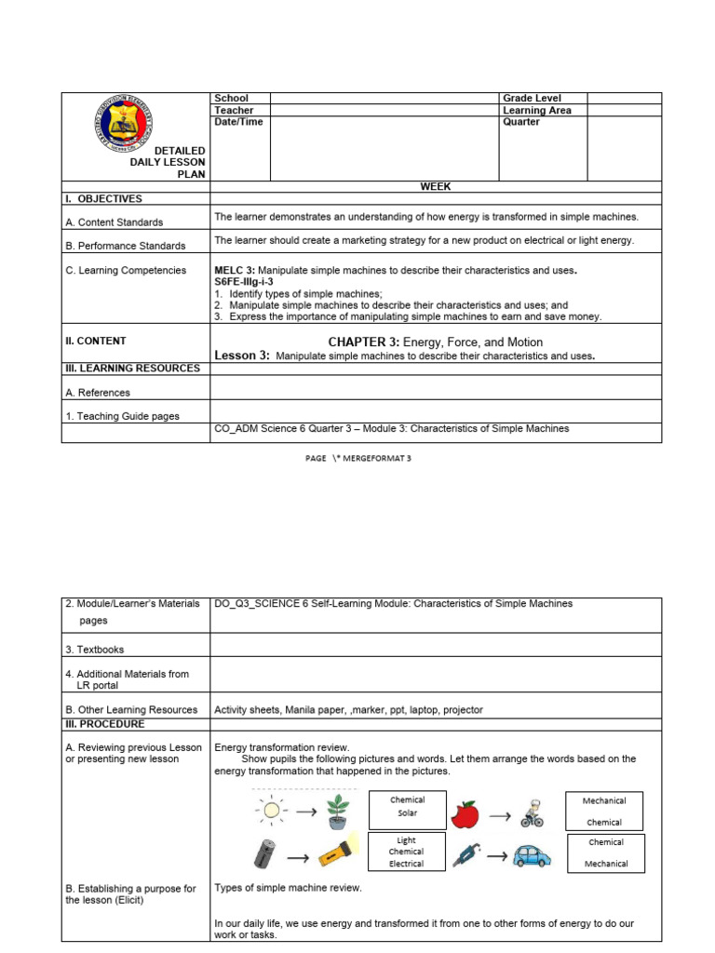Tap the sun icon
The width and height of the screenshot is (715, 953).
point(271,810)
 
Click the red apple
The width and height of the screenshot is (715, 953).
point(465,815)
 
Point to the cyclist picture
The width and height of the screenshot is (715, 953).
point(531,812)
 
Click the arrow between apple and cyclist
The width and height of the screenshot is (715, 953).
point(500,816)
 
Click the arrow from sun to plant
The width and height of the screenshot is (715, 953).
point(304,811)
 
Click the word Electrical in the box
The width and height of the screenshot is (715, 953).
point(406,864)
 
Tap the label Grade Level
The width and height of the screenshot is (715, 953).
point(532,98)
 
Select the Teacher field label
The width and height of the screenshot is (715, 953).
point(234,110)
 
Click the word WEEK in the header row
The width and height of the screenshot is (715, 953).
point(435,186)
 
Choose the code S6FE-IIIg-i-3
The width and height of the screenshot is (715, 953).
point(244,281)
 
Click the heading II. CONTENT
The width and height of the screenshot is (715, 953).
point(95,341)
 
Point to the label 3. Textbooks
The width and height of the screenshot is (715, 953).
point(94,650)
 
